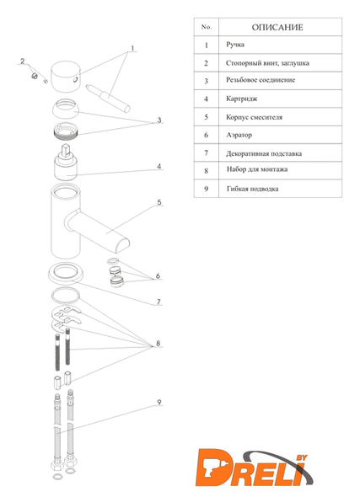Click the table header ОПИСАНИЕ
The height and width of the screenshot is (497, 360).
pos(277,27)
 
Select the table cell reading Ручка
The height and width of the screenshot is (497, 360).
pos(235,45)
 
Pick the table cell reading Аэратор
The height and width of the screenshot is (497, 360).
pos(239,135)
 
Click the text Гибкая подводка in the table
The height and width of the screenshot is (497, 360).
pos(252,189)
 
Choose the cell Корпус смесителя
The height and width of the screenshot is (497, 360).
pos(254,117)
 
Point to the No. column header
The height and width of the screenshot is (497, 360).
pos(207,27)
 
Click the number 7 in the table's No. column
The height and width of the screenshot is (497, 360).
pos(207,153)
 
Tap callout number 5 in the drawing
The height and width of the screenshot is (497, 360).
pos(159,202)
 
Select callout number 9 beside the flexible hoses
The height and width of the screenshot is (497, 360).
pos(159,402)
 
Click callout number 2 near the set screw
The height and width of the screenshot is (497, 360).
pos(22,61)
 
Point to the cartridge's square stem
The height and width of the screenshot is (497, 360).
pos(66,150)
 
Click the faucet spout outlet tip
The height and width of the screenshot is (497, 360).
pos(122,246)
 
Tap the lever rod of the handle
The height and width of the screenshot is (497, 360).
pos(108,99)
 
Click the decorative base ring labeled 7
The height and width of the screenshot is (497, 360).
pos(66,274)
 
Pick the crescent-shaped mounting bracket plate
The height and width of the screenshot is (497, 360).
pos(66,317)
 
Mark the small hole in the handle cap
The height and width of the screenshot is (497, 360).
pos(75,80)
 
